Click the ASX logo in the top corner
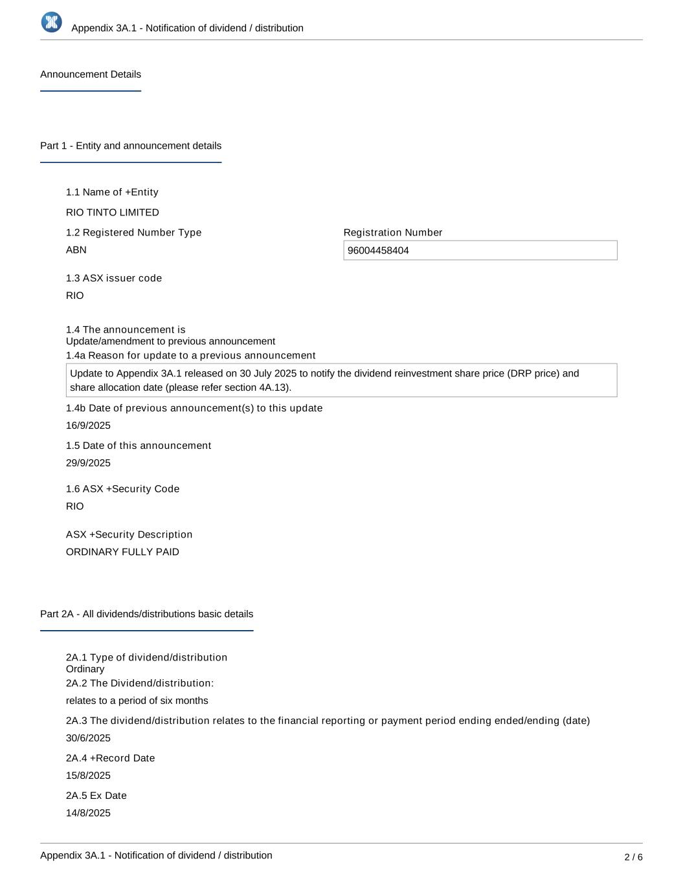pyautogui.click(x=52, y=22)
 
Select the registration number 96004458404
pyautogui.click(x=378, y=250)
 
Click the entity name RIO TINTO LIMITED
pyautogui.click(x=113, y=212)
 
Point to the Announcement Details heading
pyautogui.click(x=91, y=74)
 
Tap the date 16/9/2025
pyautogui.click(x=88, y=426)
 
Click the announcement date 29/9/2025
pyautogui.click(x=88, y=463)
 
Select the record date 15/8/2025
pyautogui.click(x=88, y=776)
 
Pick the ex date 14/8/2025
pyautogui.click(x=88, y=813)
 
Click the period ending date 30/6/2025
pyautogui.click(x=88, y=738)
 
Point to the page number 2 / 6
pyautogui.click(x=633, y=857)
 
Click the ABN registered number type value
pyautogui.click(x=76, y=250)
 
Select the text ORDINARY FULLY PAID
pyautogui.click(x=122, y=552)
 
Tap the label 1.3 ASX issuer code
pyautogui.click(x=114, y=278)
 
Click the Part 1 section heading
pyautogui.click(x=131, y=146)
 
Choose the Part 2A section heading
pyautogui.click(x=146, y=614)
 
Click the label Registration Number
pyautogui.click(x=393, y=232)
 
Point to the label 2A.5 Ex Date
pyautogui.click(x=96, y=796)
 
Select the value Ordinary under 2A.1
pyautogui.click(x=85, y=669)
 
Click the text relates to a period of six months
pyautogui.click(x=137, y=701)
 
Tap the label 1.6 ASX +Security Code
pyautogui.click(x=122, y=489)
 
